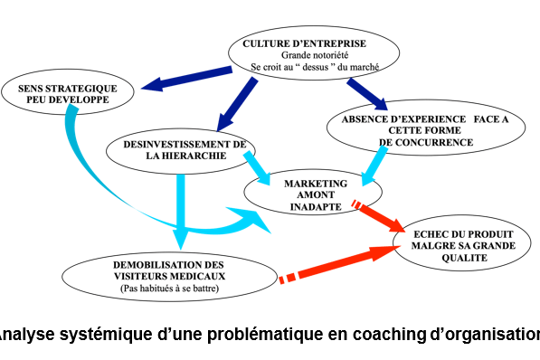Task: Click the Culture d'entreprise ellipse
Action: pyautogui.click(x=303, y=52)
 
